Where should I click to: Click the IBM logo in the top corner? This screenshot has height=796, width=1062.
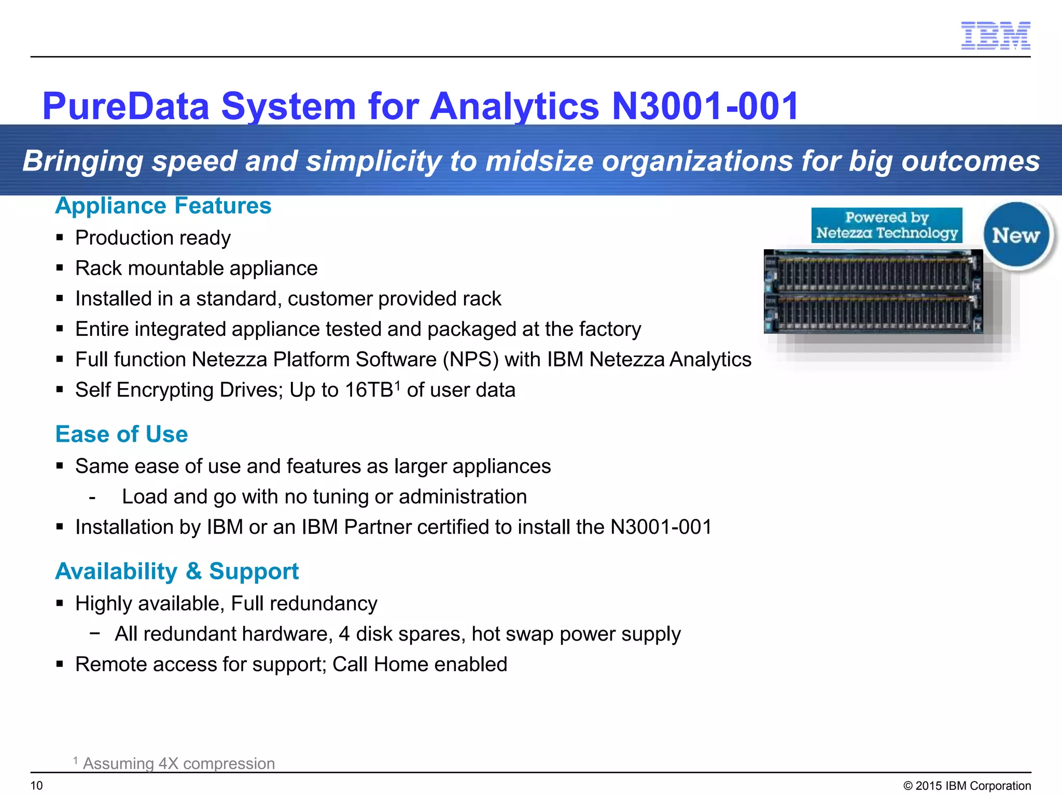(995, 35)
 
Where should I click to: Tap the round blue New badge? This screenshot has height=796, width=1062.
(1016, 235)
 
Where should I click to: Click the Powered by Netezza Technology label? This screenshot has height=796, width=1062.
(887, 225)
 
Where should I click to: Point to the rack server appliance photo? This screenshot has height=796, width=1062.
(873, 292)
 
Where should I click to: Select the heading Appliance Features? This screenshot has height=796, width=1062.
(163, 206)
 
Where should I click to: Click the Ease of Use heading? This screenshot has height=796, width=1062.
(122, 434)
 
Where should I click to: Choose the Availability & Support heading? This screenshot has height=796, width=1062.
(177, 572)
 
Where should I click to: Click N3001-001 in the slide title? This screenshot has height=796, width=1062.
(705, 106)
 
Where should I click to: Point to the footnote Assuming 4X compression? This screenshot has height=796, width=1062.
(178, 763)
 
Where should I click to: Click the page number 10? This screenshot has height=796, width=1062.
(37, 786)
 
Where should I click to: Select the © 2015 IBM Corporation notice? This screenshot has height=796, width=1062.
(967, 786)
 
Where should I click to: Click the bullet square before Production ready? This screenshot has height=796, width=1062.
(60, 238)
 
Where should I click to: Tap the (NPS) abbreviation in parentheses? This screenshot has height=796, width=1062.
(470, 360)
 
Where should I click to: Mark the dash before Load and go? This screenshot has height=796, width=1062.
(92, 498)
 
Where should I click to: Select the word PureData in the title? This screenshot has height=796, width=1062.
(126, 106)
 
